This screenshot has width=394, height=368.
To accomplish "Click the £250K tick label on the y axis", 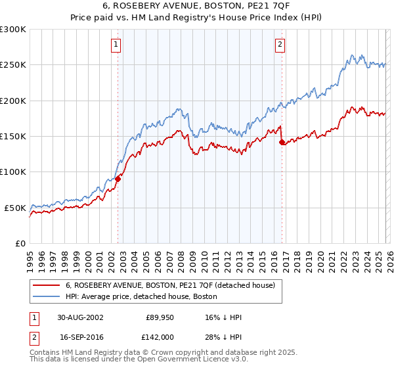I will (x=13, y=65).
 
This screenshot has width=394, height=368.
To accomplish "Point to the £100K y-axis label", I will (x=13, y=172).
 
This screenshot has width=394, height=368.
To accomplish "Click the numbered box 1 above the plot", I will (x=116, y=45).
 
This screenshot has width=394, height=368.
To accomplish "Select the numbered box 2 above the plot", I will (x=280, y=45).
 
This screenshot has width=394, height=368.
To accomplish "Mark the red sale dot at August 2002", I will (x=118, y=179).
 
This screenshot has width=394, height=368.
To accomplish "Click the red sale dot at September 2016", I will (x=282, y=142).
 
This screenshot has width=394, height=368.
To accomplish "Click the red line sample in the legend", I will (x=46, y=285).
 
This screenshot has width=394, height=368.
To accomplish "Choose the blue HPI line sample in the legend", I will (x=46, y=296).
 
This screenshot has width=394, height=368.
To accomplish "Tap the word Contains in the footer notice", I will (x=46, y=353).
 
